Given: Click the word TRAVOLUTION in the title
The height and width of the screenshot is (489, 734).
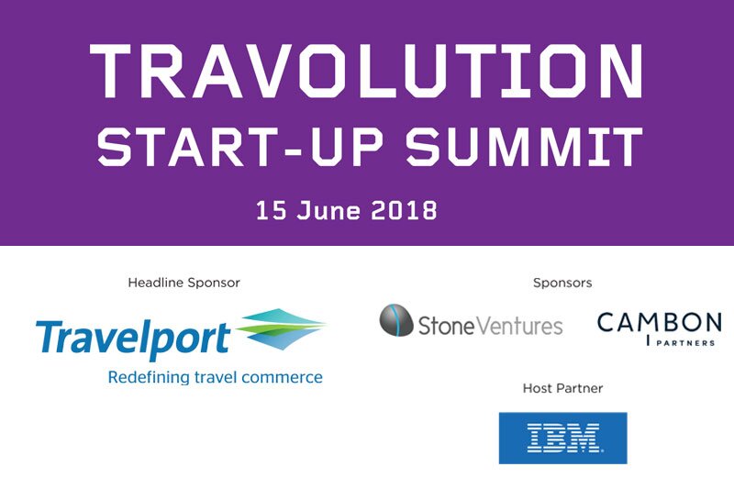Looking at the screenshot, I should (367, 72).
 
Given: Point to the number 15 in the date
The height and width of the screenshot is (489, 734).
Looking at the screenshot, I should (273, 209).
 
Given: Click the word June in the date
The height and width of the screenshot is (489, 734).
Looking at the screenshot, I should (338, 209).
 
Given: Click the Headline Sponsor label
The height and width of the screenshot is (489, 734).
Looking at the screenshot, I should (183, 283).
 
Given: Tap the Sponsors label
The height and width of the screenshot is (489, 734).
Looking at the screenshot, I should (562, 283).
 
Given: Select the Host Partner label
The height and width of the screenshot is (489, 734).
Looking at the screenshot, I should (562, 389).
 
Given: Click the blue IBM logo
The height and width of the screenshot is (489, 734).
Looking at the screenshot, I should (562, 438).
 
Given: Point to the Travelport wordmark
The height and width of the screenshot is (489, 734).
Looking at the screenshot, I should (133, 339).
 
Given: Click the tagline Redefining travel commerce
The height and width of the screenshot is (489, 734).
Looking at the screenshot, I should (215, 377).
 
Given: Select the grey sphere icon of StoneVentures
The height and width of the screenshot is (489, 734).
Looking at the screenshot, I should (396, 320).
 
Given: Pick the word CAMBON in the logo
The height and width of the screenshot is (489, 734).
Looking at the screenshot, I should (659, 323).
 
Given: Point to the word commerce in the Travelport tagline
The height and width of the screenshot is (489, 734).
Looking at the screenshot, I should (285, 377).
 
